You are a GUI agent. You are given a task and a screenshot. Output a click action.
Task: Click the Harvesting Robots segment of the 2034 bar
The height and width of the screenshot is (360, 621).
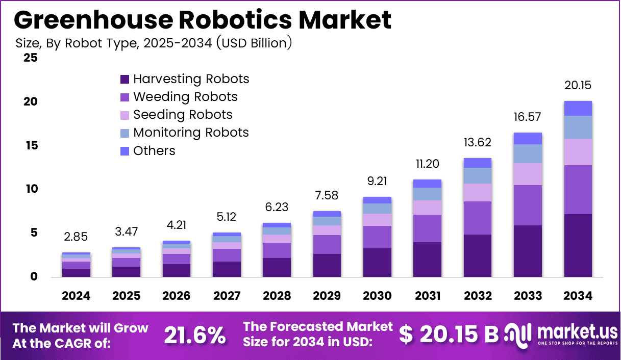(x=578, y=245)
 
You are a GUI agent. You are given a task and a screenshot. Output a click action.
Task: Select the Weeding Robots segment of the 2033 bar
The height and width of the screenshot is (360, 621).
(x=528, y=205)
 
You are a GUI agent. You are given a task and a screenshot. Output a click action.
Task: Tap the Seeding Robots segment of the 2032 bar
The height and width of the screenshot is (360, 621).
(x=478, y=192)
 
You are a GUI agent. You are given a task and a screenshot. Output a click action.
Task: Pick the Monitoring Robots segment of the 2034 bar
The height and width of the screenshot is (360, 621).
(x=578, y=127)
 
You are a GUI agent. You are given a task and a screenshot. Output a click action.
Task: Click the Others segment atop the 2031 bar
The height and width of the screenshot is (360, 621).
(x=427, y=184)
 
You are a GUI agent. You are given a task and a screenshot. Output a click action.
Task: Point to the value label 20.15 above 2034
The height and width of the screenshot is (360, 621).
(x=578, y=85)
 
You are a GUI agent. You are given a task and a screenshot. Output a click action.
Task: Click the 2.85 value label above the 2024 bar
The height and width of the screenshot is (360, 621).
(x=76, y=237)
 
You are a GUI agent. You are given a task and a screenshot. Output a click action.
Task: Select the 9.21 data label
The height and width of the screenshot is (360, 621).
(x=377, y=181)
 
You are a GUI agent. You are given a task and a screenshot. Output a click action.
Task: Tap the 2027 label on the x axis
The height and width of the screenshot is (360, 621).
(x=227, y=296)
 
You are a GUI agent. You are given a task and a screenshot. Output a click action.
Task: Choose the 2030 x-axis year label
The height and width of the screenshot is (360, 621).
(x=377, y=296)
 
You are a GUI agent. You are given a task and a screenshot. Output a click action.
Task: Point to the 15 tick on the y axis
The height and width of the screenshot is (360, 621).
(x=32, y=145)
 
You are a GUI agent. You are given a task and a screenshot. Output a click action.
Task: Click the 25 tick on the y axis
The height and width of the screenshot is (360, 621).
(x=31, y=58)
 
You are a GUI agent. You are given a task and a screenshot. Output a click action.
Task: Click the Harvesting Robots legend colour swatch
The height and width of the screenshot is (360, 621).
(x=125, y=79)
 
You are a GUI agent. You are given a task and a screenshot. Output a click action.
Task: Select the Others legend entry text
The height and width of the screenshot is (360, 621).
(x=154, y=151)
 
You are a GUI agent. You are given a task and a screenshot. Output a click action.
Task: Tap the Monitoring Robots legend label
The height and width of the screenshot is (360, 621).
(x=191, y=133)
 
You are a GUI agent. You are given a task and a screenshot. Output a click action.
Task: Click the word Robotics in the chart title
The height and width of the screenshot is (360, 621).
(x=235, y=19)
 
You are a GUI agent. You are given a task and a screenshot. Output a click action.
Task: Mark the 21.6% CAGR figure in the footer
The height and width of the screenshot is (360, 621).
(x=195, y=336)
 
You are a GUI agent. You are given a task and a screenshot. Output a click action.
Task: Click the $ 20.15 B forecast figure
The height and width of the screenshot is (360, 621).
(x=449, y=334)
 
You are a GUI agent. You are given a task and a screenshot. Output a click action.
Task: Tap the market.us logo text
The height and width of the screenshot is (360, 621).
(x=578, y=332)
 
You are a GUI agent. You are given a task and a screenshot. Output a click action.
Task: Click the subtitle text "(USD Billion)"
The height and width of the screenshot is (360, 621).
(x=254, y=43)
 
